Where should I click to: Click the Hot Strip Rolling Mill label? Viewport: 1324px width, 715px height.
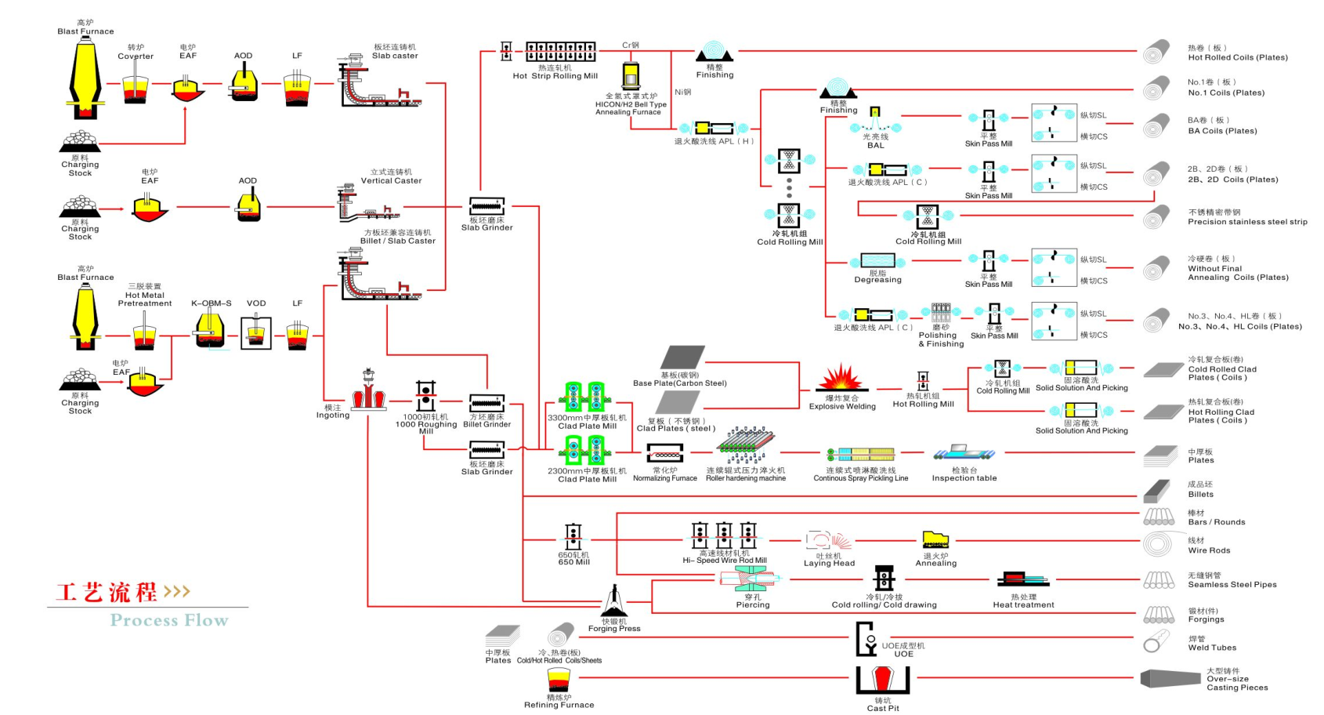555,76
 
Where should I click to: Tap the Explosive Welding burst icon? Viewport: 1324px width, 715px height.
841,378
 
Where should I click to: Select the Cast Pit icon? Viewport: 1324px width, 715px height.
882,680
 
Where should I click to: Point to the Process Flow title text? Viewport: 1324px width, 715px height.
169,621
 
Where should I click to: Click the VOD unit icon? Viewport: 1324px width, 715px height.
255,332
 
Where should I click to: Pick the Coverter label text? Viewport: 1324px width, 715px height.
136,56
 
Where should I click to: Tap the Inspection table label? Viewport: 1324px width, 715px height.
964,478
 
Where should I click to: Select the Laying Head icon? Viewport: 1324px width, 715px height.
828,541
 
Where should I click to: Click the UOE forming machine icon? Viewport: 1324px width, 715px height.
866,639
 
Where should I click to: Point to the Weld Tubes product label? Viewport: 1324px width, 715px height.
1211,648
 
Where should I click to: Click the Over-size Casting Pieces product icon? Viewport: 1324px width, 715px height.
1170,678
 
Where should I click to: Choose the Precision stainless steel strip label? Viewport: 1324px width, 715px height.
1247,222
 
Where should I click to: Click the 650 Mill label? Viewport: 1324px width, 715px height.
573,562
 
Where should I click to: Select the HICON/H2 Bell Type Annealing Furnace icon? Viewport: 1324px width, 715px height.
630,77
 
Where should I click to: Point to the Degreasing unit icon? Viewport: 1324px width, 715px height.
877,261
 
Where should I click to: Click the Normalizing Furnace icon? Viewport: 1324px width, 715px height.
664,453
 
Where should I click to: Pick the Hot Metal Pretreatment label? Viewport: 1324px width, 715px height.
145,299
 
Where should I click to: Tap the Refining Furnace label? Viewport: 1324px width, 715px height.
559,705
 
